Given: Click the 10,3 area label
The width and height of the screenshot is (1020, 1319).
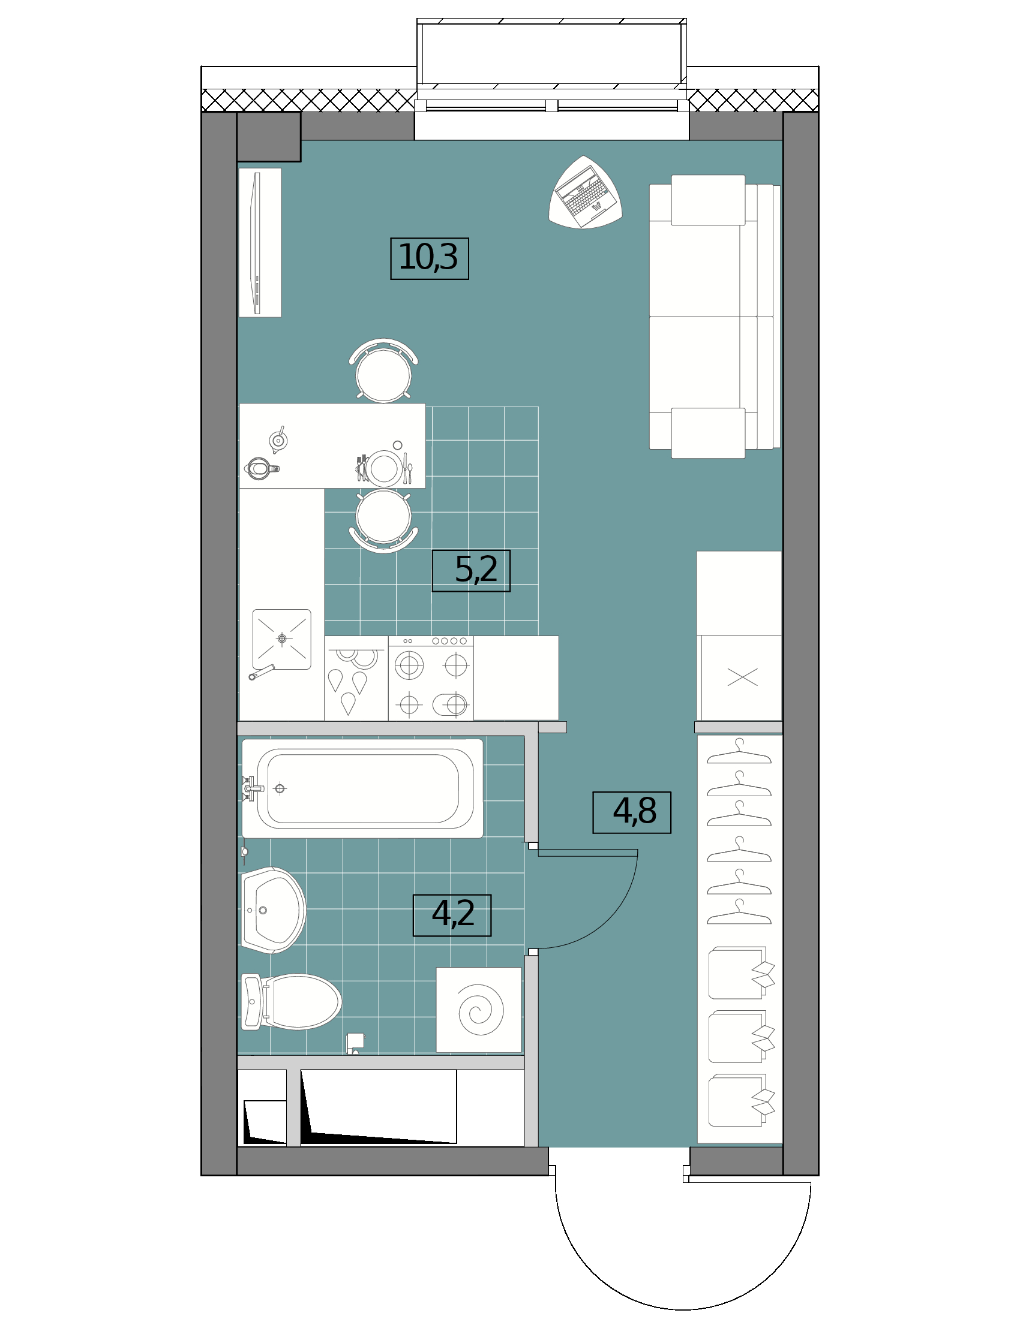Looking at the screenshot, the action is [429, 258].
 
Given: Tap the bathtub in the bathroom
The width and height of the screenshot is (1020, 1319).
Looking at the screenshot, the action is [362, 789].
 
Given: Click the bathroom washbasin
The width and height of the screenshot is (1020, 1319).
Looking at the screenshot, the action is [274, 910].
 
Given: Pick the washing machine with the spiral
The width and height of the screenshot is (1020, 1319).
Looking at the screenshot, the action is [479, 1010].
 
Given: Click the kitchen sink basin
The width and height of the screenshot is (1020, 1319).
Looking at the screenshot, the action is [281, 639].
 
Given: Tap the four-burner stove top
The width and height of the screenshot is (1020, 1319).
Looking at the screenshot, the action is [431, 677].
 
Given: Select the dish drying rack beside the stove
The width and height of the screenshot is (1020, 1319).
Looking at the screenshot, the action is [356, 677].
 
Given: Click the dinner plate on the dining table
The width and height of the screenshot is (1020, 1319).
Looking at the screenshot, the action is [384, 468].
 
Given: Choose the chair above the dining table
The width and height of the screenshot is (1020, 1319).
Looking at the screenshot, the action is [384, 370].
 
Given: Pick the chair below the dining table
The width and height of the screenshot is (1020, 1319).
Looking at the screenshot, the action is [384, 521].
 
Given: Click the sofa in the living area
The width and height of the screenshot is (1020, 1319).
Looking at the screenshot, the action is [714, 317].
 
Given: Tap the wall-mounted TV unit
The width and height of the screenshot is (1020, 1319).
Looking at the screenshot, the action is [260, 243].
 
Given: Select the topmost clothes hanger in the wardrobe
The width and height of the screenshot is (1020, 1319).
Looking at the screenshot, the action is [739, 751].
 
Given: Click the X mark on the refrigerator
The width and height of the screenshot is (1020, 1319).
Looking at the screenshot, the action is [743, 677].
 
